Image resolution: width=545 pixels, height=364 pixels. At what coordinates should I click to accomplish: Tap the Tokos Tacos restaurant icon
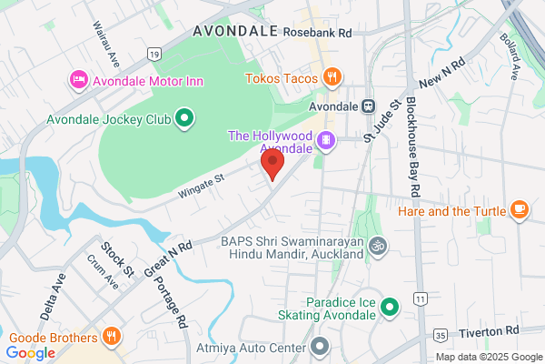(x=333, y=78)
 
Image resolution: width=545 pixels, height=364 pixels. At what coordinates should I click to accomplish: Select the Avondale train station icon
(x=368, y=106)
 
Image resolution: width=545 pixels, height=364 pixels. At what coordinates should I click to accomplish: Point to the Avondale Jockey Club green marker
(x=184, y=117)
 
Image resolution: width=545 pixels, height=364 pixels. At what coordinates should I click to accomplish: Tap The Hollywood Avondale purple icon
(x=325, y=141)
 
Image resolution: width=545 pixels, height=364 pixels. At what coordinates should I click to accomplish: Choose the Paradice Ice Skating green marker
(x=390, y=308)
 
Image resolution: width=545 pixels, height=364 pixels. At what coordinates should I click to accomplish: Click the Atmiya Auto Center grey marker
(x=320, y=346)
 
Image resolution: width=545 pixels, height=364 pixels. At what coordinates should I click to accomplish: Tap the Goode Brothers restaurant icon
(x=111, y=335)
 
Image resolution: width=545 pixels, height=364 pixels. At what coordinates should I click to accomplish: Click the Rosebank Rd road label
(x=316, y=32)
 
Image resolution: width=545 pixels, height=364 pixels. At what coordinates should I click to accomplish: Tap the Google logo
(x=31, y=352)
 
